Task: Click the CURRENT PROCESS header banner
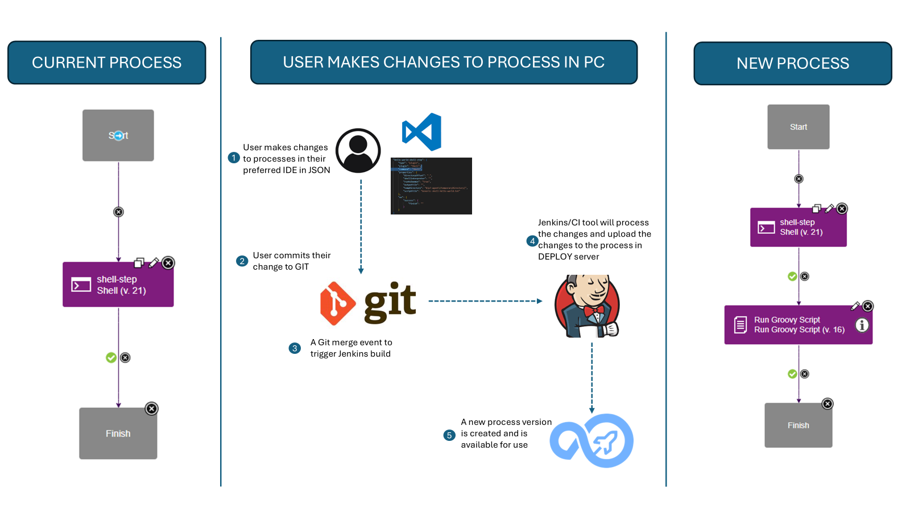point(106,63)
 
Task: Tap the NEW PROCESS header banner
point(792,63)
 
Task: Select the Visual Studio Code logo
point(422,132)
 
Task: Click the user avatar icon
point(358,151)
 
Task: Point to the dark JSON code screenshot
point(431,186)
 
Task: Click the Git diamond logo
point(338,303)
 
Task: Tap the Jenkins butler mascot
point(588,307)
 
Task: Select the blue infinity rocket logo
point(592,441)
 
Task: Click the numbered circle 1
point(234,158)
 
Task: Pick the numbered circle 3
point(295,348)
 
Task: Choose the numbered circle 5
point(449,435)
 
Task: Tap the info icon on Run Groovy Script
point(862,325)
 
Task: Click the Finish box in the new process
point(798,426)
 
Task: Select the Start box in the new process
point(798,127)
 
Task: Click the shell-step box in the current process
point(118,284)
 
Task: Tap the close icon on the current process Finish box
point(151,408)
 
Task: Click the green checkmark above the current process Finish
point(111,357)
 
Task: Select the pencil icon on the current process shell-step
point(154,263)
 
